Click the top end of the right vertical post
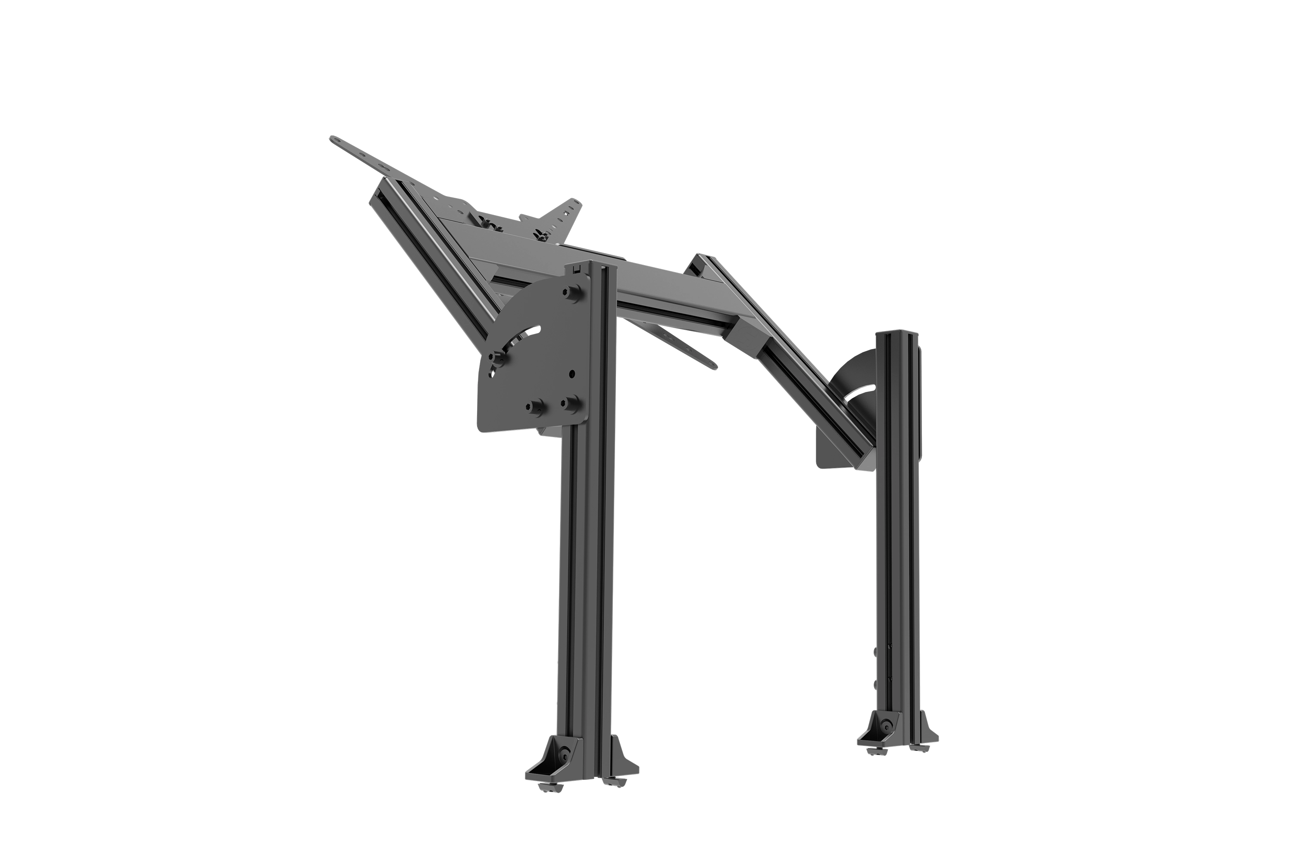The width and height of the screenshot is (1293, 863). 899,332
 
